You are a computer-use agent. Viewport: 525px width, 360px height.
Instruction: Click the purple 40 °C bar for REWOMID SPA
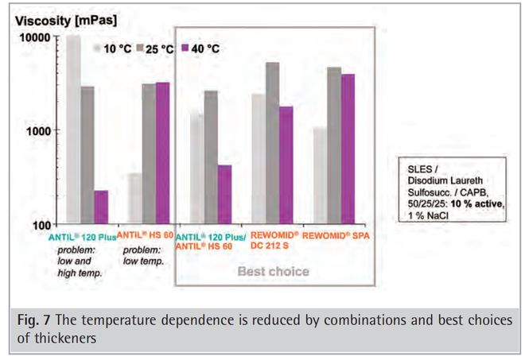click(x=348, y=148)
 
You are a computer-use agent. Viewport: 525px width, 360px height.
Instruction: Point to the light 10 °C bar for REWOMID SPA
click(x=320, y=175)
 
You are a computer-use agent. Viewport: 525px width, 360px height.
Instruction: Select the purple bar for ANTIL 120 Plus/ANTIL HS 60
click(x=225, y=194)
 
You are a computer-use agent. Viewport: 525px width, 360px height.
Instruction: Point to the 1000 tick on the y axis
click(x=39, y=130)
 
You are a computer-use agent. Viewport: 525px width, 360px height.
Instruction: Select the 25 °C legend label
click(x=157, y=49)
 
